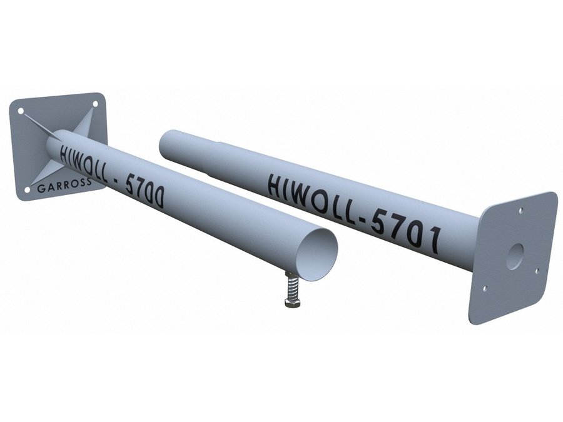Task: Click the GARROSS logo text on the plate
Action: click(x=64, y=186)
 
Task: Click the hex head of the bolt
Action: click(x=292, y=303)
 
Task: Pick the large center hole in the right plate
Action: click(x=515, y=256)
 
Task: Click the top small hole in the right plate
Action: click(x=521, y=209)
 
